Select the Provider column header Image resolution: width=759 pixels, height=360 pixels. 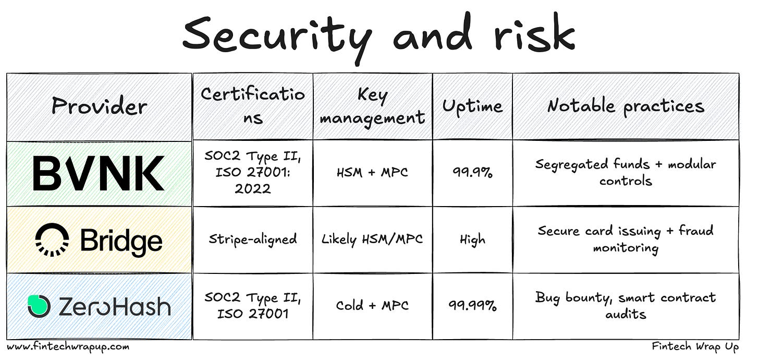point(99,106)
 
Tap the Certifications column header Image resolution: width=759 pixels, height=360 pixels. point(253,106)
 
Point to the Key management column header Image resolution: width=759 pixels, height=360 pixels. point(372,106)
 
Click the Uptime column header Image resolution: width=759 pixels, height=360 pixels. point(472,106)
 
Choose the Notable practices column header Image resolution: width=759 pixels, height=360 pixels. point(626,106)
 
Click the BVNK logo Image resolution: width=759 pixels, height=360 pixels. point(99,173)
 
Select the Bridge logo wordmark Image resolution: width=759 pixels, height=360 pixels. point(121,241)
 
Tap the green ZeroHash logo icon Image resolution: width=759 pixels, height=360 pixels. point(39,306)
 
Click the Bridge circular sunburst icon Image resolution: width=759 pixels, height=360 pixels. point(52,240)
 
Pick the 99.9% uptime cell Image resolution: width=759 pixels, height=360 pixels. point(472,173)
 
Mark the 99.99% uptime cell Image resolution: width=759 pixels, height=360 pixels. point(472,306)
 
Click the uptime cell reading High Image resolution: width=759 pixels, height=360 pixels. point(472,239)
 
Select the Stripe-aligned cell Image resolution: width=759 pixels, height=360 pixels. point(253,239)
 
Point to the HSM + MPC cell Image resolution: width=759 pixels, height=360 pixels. point(372,173)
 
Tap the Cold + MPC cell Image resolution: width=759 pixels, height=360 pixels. point(372,306)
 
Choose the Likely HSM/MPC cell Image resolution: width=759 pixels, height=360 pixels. point(372,239)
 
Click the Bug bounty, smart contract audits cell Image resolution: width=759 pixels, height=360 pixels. point(626,306)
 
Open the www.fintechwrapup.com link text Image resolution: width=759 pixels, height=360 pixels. point(68,346)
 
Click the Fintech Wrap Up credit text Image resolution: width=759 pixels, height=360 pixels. point(695,346)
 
